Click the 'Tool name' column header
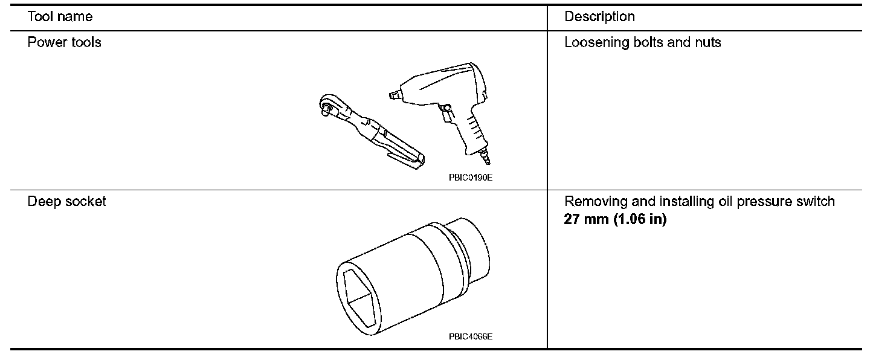pyautogui.click(x=60, y=16)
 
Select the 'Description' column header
pyautogui.click(x=599, y=16)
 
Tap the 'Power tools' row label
pyautogui.click(x=65, y=43)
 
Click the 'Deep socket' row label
pyautogui.click(x=66, y=201)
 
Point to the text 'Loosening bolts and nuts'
pyautogui.click(x=642, y=43)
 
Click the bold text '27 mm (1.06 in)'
pyautogui.click(x=615, y=219)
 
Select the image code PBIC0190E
pyautogui.click(x=466, y=178)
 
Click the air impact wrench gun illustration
pyautogui.click(x=441, y=103)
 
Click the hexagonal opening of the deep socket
pyautogui.click(x=359, y=296)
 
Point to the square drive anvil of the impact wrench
pyautogui.click(x=394, y=94)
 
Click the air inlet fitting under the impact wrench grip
pyautogui.click(x=485, y=156)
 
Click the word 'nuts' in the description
pyautogui.click(x=708, y=43)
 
